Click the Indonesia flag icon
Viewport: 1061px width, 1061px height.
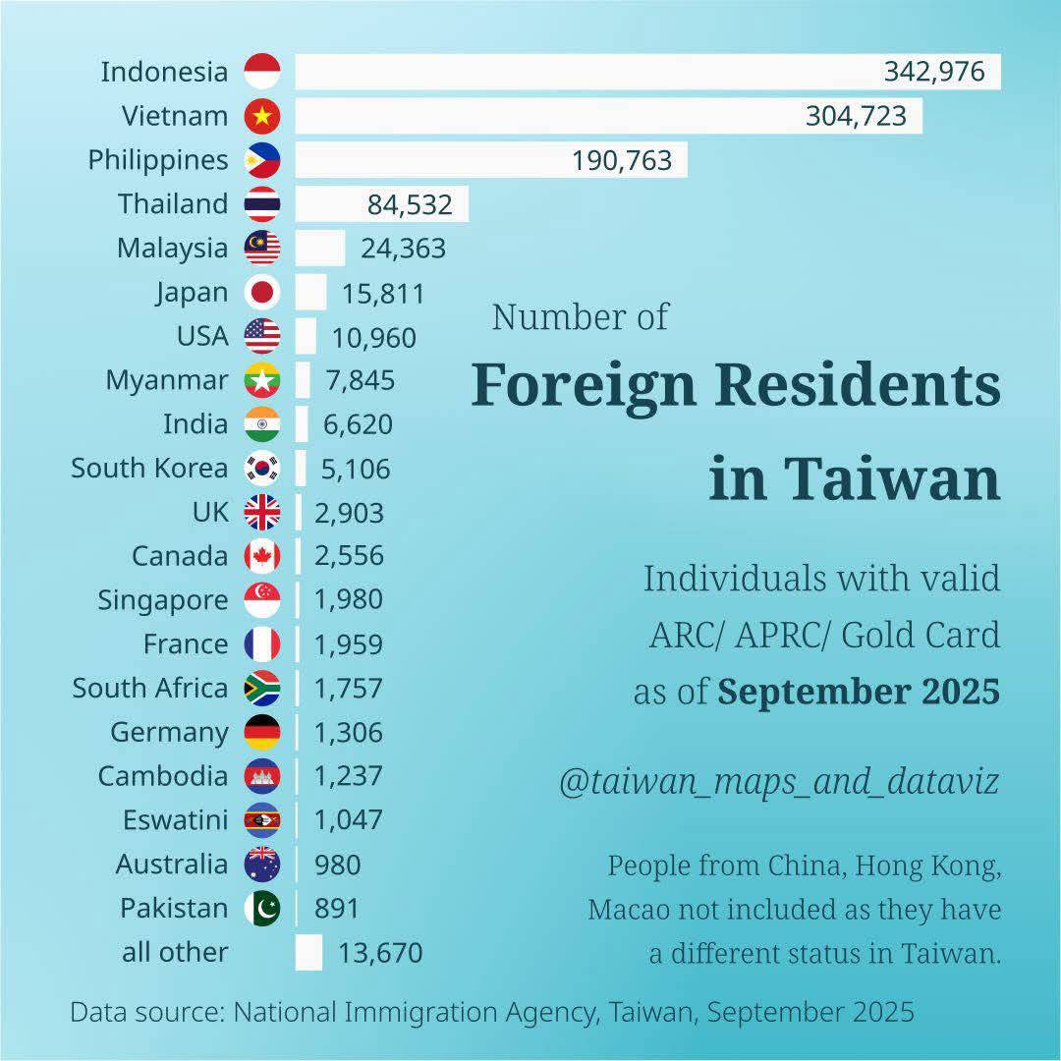(262, 72)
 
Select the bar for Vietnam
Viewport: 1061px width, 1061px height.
(550, 116)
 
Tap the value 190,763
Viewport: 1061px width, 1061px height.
(622, 160)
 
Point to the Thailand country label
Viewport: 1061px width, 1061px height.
(173, 204)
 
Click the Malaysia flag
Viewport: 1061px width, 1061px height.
(262, 248)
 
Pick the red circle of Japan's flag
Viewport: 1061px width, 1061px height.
(262, 292)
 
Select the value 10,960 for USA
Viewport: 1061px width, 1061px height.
(373, 338)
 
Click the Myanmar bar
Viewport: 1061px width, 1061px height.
(303, 380)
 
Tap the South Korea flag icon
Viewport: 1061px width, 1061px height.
(262, 468)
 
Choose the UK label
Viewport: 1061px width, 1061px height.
(210, 512)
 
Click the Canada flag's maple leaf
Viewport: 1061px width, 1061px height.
(262, 556)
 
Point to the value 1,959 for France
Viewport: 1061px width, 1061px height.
(349, 644)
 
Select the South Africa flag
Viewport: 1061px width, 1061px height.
(262, 688)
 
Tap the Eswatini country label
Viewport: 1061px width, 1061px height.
(175, 819)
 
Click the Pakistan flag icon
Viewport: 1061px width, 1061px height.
(262, 908)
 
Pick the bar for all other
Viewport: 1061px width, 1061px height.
(308, 952)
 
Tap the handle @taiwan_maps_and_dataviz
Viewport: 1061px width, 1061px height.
(779, 781)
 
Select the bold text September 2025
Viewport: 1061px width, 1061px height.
(859, 692)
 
